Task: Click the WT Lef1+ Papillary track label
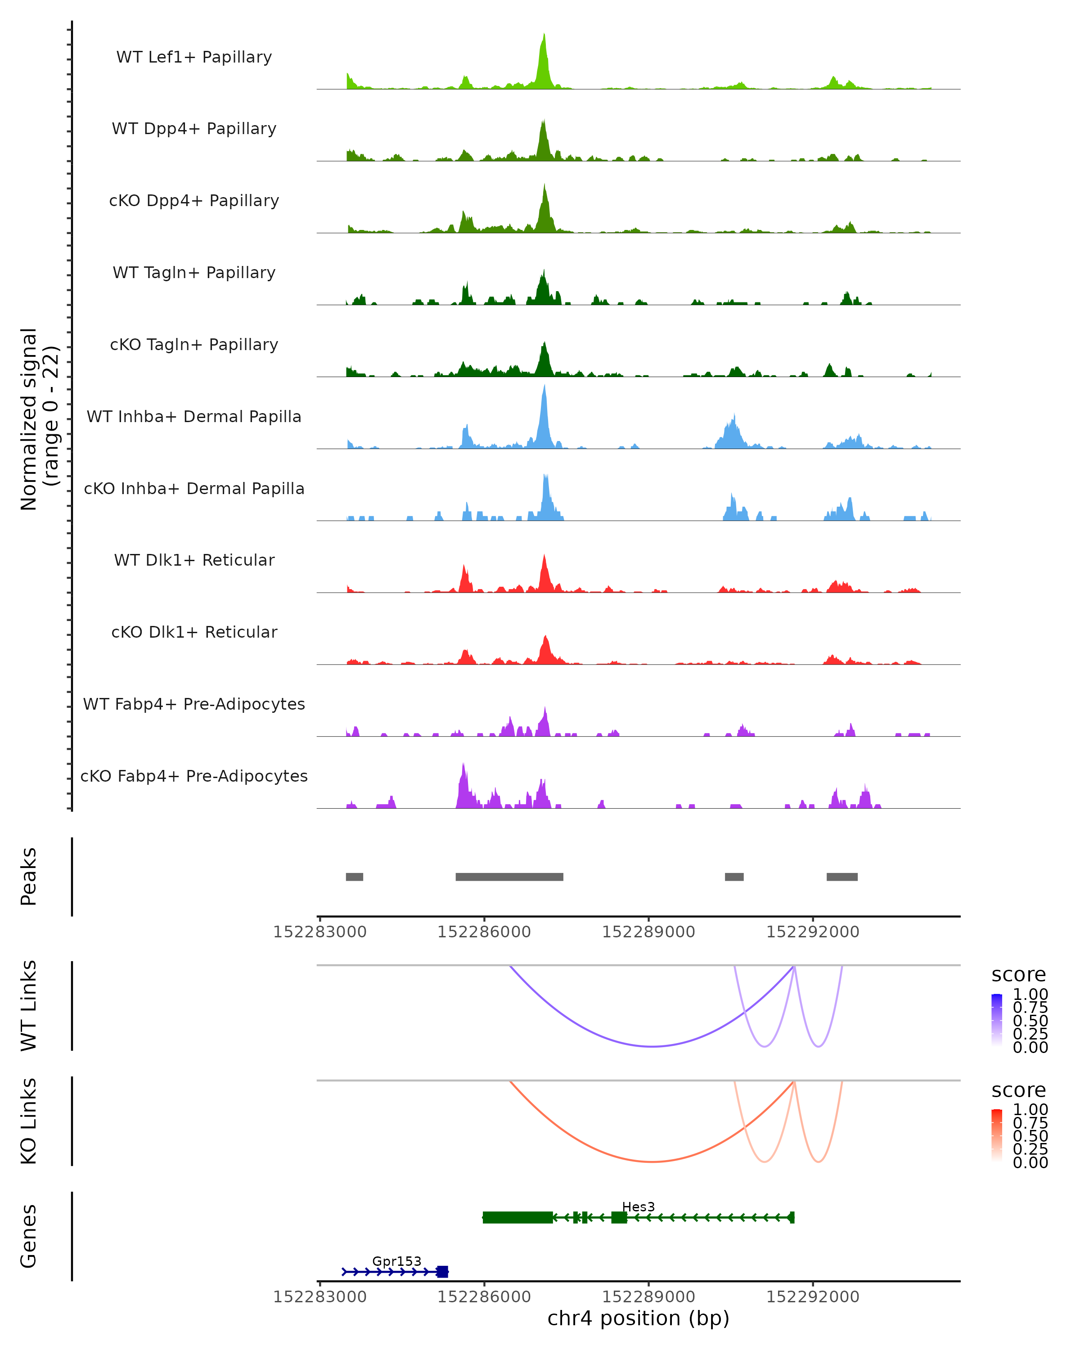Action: click(x=194, y=57)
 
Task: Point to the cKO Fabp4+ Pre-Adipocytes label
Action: click(x=194, y=776)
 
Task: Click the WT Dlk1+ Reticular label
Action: click(x=194, y=560)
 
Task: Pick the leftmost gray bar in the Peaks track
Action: click(x=354, y=877)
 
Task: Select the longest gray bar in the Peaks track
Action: click(x=509, y=877)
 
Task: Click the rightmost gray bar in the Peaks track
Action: click(x=841, y=877)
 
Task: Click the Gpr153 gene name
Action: click(x=396, y=1261)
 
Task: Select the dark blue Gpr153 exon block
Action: click(x=443, y=1271)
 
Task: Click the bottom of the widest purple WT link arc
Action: click(x=652, y=1046)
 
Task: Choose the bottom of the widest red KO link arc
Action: click(x=652, y=1161)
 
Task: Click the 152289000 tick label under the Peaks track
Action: click(x=648, y=932)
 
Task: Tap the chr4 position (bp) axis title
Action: click(x=638, y=1318)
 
